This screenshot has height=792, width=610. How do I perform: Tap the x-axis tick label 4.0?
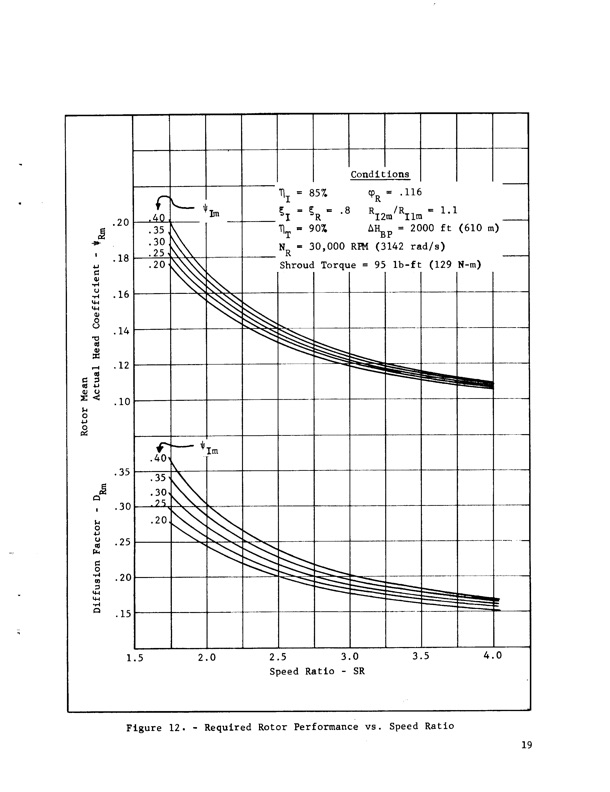tap(493, 657)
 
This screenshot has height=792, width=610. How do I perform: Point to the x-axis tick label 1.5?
tap(136, 657)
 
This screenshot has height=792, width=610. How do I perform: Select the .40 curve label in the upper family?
tap(157, 218)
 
